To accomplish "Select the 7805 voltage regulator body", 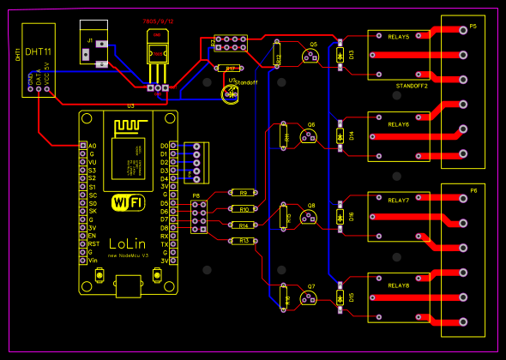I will point(157,51).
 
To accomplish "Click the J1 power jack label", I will point(89,40).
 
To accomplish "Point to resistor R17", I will point(230,68).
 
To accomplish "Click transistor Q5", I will point(311,56).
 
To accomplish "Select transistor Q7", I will point(310,297).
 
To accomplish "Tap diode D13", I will point(341,55).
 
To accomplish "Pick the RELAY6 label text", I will point(399,125).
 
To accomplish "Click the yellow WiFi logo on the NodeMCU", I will point(129,202).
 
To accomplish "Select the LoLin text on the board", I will point(128,243).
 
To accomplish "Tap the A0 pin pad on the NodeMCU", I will point(82,146).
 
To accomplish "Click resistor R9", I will point(244,193).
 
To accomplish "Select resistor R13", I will point(244,241).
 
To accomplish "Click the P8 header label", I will point(196,195).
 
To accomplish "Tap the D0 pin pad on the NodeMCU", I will point(174,146).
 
